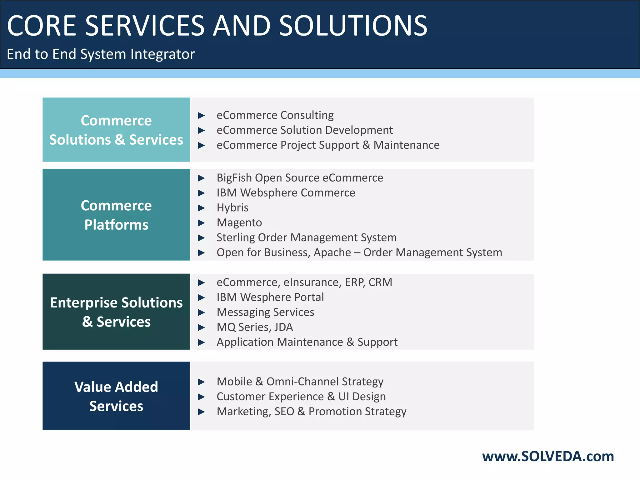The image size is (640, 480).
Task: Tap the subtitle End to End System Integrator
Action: pyautogui.click(x=101, y=54)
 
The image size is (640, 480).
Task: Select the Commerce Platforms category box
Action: pyautogui.click(x=116, y=215)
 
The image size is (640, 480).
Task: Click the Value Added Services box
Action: pyautogui.click(x=116, y=396)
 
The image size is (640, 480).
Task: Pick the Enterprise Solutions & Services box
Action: pyautogui.click(x=116, y=312)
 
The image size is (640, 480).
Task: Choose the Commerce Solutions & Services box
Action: pyautogui.click(x=116, y=130)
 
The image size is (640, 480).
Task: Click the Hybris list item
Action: pyautogui.click(x=232, y=208)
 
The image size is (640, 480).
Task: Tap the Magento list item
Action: pyautogui.click(x=239, y=222)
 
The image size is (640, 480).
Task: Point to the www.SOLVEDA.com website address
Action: pyautogui.click(x=548, y=456)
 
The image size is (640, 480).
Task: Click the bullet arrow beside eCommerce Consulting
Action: pyautogui.click(x=202, y=116)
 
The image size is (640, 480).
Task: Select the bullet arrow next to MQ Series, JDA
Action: pyautogui.click(x=202, y=327)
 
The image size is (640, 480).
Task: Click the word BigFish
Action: pyautogui.click(x=234, y=178)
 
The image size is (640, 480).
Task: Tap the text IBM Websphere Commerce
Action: pyautogui.click(x=286, y=193)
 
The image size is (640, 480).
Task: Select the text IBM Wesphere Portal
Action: pyautogui.click(x=270, y=297)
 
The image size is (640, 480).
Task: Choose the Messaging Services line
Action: pyautogui.click(x=265, y=312)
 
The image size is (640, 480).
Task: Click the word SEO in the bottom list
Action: pyautogui.click(x=284, y=412)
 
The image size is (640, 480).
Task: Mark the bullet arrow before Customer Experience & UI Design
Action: pyautogui.click(x=202, y=397)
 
